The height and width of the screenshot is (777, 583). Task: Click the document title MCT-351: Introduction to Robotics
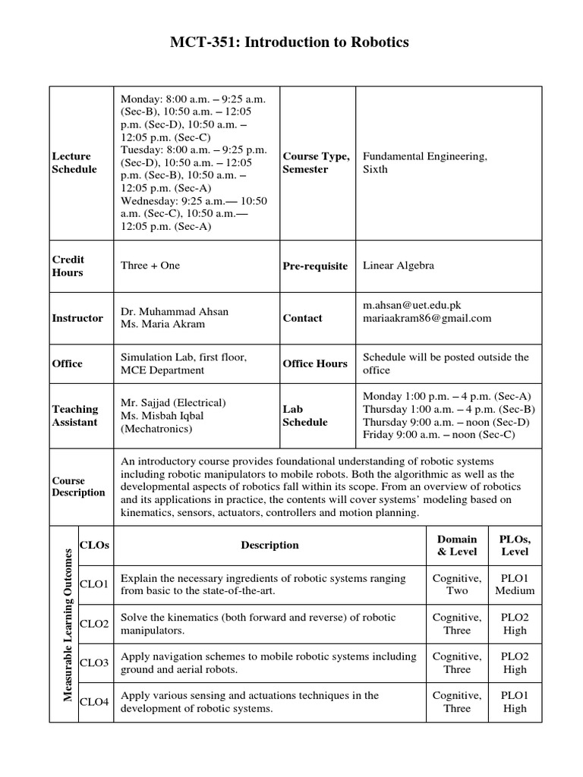click(x=291, y=42)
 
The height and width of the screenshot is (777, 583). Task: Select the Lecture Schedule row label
click(x=74, y=162)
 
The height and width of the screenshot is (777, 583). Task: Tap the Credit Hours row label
click(x=68, y=266)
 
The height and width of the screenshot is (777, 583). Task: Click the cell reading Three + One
click(x=150, y=266)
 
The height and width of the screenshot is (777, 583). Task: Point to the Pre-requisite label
click(x=315, y=266)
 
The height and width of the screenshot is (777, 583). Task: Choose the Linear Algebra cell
click(x=399, y=266)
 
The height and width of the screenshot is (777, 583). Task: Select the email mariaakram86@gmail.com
click(x=427, y=318)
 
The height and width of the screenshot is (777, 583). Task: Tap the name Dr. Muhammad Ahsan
click(x=174, y=311)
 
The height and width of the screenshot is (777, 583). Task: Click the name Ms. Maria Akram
click(x=162, y=325)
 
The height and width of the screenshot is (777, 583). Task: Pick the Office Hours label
click(x=314, y=363)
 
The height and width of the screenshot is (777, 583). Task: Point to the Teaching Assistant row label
click(x=74, y=416)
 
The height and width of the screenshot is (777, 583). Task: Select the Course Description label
click(x=78, y=486)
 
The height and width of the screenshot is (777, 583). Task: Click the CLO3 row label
click(x=95, y=663)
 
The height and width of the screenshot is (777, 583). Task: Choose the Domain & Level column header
click(x=457, y=545)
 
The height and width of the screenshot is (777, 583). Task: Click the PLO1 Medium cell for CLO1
click(x=515, y=584)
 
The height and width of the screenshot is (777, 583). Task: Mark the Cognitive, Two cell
click(x=457, y=584)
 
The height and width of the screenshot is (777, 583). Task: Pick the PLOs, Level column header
click(x=515, y=545)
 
